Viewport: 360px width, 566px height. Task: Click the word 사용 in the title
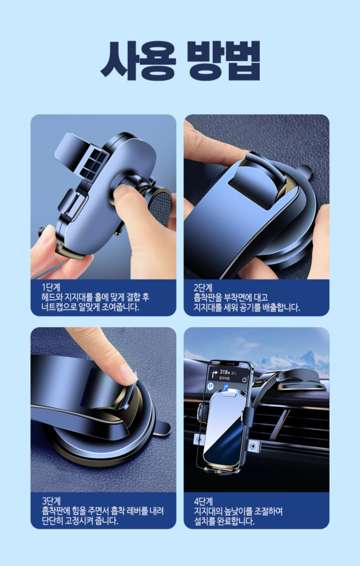click(x=138, y=60)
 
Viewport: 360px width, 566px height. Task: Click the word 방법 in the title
click(x=223, y=60)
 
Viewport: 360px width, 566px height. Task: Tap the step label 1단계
click(x=51, y=287)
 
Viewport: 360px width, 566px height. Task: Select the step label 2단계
click(x=203, y=287)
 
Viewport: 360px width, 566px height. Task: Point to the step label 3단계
click(x=51, y=501)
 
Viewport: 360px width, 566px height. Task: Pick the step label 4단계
click(x=204, y=501)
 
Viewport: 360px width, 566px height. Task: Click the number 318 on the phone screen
click(x=223, y=372)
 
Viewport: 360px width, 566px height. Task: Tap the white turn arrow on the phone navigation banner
click(x=215, y=373)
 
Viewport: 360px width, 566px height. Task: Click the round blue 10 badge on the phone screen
click(x=210, y=386)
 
